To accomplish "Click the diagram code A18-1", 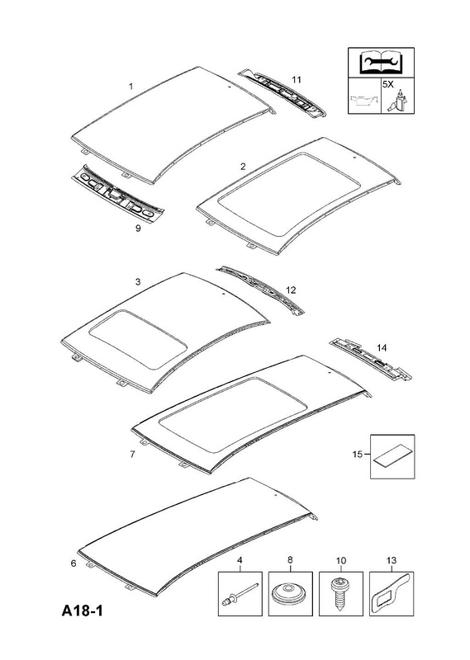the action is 83,610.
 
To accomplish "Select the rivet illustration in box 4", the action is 240,593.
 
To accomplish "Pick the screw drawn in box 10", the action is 340,593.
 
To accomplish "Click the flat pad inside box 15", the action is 392,458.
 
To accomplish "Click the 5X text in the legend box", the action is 387,84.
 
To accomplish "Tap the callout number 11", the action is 297,79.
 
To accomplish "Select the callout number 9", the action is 138,229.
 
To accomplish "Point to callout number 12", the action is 291,290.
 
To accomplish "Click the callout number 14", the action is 382,347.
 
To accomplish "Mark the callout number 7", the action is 132,455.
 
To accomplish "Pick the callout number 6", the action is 74,563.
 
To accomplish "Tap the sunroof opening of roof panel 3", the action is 137,338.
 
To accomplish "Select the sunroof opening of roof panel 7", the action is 233,415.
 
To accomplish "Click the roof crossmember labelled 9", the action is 117,194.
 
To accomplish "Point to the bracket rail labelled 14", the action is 371,359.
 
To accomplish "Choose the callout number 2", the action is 243,167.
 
